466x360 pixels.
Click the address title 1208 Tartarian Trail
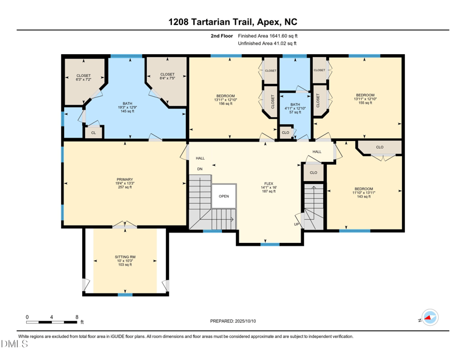click(232, 22)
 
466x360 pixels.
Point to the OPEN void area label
click(224, 196)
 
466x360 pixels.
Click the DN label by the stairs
click(200, 169)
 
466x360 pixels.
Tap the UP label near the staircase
click(296, 224)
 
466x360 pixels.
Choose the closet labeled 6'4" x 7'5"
click(167, 77)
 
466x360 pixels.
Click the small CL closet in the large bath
click(93, 133)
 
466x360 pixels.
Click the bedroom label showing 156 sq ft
click(225, 100)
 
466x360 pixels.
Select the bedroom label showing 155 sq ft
click(365, 99)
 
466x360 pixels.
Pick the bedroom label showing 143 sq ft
click(364, 193)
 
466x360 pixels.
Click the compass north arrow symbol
click(430, 318)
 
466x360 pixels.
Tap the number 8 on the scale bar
click(77, 317)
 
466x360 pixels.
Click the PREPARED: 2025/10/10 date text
click(232, 321)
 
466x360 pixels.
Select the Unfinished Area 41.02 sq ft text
click(267, 44)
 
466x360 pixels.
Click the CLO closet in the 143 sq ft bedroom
click(379, 147)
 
